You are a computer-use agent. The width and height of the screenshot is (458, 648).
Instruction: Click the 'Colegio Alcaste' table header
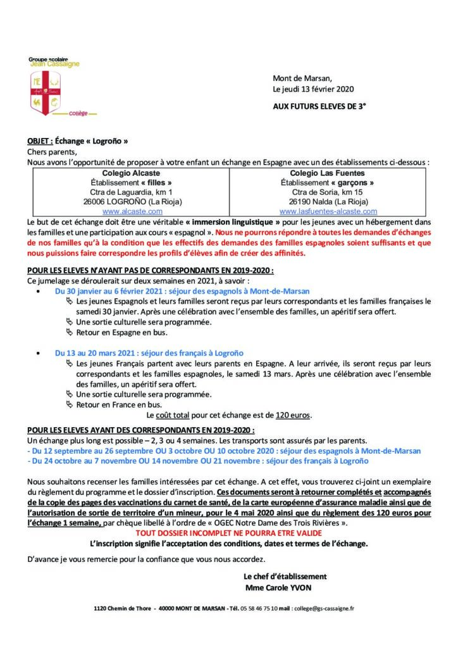pos(131,173)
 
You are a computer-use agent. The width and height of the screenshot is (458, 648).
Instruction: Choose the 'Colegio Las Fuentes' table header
pos(328,173)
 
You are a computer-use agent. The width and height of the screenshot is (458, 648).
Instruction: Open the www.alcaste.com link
pos(131,211)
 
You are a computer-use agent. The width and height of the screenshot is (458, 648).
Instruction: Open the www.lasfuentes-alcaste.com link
pos(328,211)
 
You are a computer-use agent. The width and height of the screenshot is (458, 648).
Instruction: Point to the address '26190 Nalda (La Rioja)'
pos(328,201)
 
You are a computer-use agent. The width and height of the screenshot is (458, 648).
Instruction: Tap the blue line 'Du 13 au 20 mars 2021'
pos(149,352)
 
